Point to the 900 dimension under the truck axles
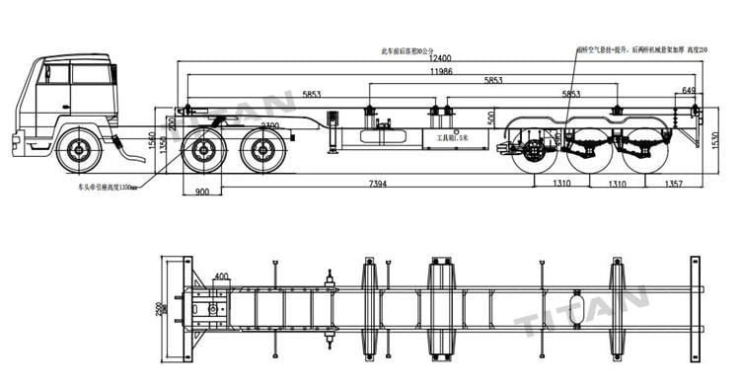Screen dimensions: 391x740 pyautogui.click(x=203, y=193)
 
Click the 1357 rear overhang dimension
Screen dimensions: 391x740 pyautogui.click(x=673, y=185)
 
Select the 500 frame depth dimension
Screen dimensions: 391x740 pyautogui.click(x=491, y=118)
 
